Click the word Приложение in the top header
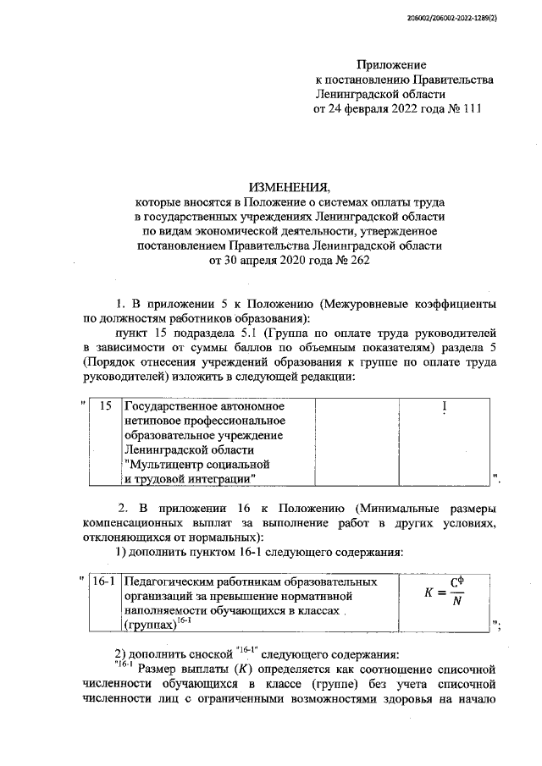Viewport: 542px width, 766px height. tap(391, 65)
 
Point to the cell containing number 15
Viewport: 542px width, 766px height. tap(106, 406)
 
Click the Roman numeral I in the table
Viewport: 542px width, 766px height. tap(444, 407)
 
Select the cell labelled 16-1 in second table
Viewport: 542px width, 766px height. tap(104, 582)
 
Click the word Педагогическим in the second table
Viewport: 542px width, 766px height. tap(169, 582)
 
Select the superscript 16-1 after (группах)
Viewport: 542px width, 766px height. tap(185, 620)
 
